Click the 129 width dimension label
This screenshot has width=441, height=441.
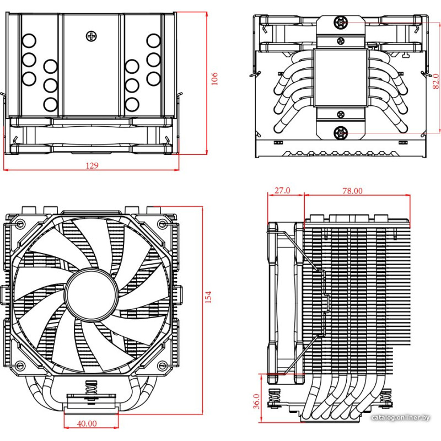(92, 165)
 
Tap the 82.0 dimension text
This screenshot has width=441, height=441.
(435, 80)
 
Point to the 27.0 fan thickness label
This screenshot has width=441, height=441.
(282, 191)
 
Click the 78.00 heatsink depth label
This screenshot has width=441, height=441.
(352, 191)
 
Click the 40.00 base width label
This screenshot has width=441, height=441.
(87, 423)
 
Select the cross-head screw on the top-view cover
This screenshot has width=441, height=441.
(91, 36)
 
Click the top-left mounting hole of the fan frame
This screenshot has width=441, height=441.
(20, 224)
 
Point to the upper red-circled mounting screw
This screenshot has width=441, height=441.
(340, 23)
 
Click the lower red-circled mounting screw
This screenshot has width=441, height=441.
(340, 132)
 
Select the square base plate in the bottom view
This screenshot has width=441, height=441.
(340, 78)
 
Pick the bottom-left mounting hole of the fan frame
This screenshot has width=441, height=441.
(20, 365)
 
